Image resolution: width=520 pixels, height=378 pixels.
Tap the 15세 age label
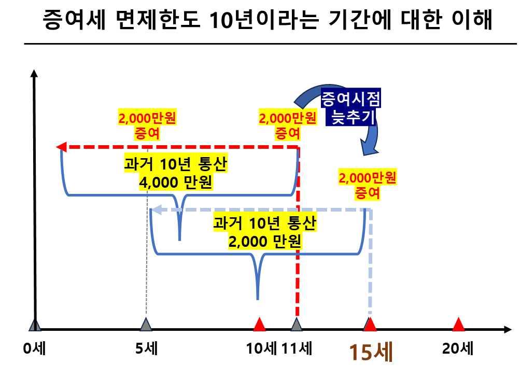click(x=371, y=352)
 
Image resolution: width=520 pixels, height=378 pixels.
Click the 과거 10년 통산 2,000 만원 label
click(x=265, y=232)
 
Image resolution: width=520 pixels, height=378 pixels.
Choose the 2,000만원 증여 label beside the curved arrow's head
click(x=368, y=185)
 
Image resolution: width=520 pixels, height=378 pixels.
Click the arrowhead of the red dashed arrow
click(x=62, y=147)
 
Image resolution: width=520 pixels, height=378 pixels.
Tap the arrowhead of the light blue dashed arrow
click(x=156, y=210)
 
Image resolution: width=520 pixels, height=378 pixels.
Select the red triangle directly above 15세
click(x=370, y=324)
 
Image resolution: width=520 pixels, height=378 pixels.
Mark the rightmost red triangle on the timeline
click(x=458, y=324)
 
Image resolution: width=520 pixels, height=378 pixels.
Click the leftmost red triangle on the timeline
click(x=259, y=324)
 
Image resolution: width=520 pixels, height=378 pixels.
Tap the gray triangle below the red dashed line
click(x=297, y=325)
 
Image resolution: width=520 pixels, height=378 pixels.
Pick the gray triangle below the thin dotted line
click(x=146, y=325)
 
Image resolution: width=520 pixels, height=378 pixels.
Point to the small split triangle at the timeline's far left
click(x=35, y=325)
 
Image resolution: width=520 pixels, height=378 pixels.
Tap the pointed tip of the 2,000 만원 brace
click(x=258, y=298)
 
